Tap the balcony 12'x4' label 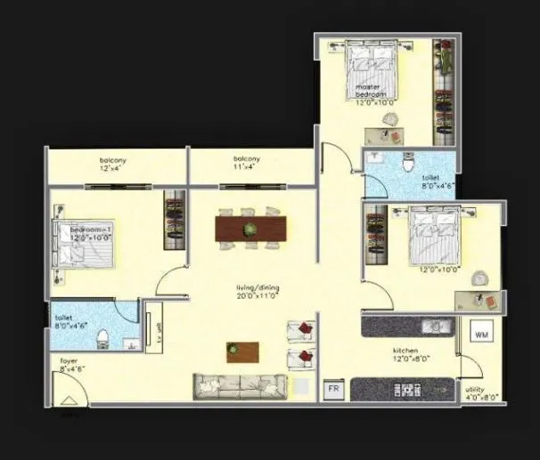coord(113,163)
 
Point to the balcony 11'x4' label coord(247,163)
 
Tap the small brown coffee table coord(242,351)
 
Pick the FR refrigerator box coord(334,389)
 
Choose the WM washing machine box coord(481,335)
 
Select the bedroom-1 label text coord(93,233)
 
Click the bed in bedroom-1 coord(85,242)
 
